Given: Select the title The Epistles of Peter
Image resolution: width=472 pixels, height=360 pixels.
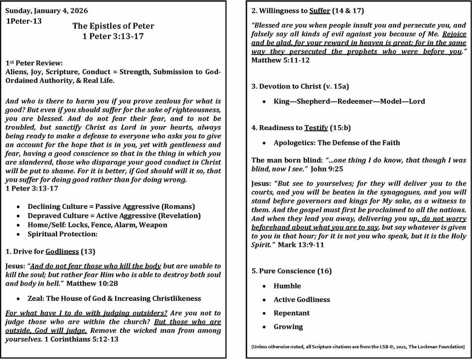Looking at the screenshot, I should pos(113,26).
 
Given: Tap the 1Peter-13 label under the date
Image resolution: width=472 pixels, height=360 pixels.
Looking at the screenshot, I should pos(24,21).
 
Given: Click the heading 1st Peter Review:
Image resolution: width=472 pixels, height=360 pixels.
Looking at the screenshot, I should pos(34,63).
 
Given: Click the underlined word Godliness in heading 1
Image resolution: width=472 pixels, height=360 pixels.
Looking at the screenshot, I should pos(62,251).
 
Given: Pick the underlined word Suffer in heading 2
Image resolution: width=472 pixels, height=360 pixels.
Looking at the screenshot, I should pos(319,10).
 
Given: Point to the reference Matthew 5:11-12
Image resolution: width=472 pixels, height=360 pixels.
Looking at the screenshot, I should pos(281,60).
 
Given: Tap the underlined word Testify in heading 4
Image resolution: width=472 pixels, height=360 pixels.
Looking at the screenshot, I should pos(316,128).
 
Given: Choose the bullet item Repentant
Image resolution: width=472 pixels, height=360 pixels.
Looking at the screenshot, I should pos(291,313).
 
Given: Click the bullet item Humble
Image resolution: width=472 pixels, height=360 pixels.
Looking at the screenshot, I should pos(287,286).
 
